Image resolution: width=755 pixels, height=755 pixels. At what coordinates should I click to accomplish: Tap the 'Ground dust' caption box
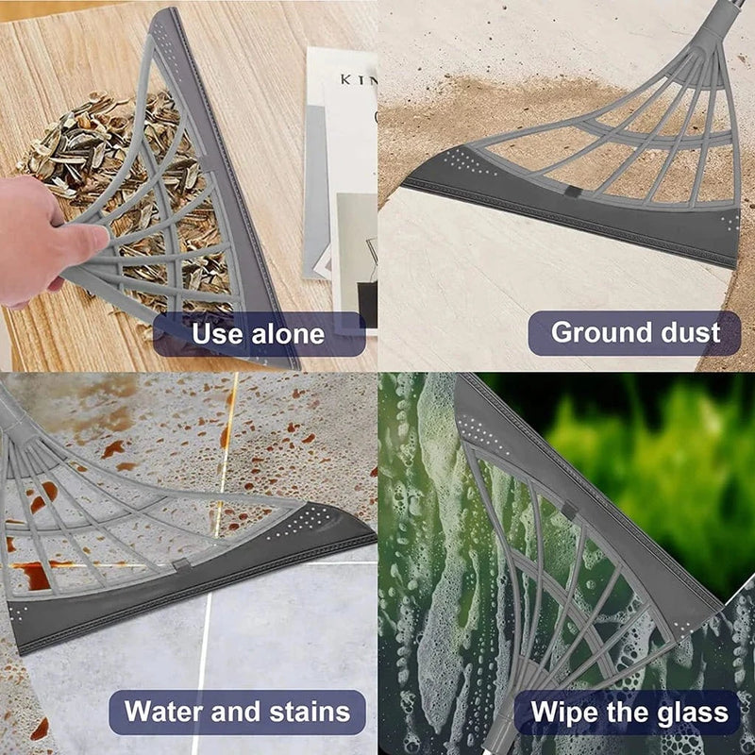pos(634,332)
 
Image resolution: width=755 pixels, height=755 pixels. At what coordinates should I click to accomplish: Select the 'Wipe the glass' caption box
pos(630,712)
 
